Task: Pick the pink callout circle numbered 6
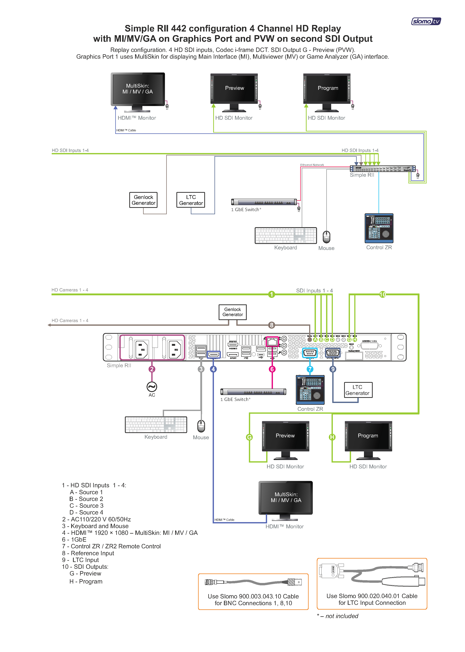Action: click(272, 369)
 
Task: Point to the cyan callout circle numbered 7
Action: click(310, 369)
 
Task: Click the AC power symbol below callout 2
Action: click(152, 387)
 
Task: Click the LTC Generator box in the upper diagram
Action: click(191, 200)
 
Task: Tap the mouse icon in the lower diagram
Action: click(201, 426)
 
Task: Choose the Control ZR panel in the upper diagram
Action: click(379, 228)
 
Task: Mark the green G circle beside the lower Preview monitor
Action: click(249, 437)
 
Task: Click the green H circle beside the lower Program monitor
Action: click(332, 437)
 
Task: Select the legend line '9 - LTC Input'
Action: click(80, 560)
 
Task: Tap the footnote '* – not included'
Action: click(338, 616)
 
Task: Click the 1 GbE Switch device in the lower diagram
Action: click(253, 392)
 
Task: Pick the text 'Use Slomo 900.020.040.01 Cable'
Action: click(372, 596)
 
